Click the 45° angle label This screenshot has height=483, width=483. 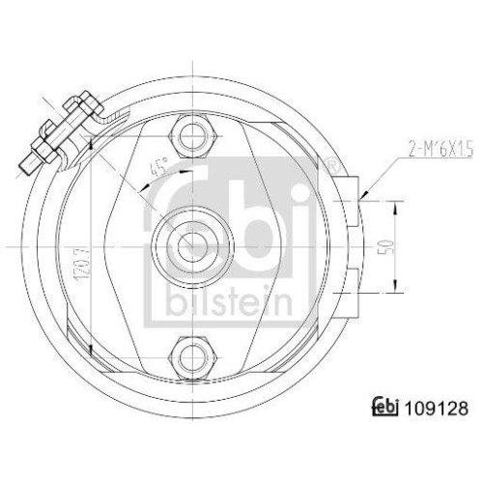pyautogui.click(x=156, y=170)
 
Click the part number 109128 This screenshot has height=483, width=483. pyautogui.click(x=440, y=409)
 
